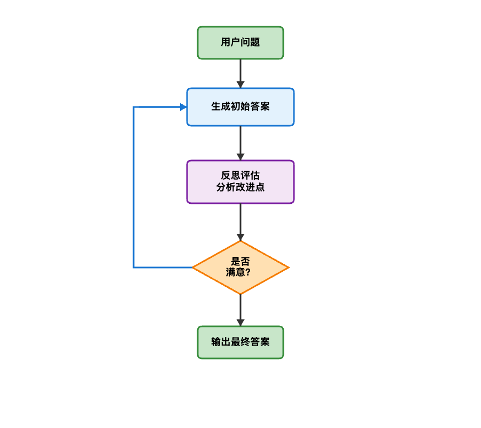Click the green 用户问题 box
pyautogui.click(x=241, y=43)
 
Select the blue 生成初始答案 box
pyautogui.click(x=241, y=107)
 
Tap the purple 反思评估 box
pyautogui.click(x=241, y=182)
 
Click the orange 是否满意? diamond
pyautogui.click(x=241, y=267)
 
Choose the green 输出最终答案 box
pyautogui.click(x=241, y=342)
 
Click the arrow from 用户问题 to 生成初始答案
pyautogui.click(x=241, y=72)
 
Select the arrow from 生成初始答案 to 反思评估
pyautogui.click(x=241, y=141)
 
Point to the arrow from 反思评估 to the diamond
pyautogui.click(x=241, y=220)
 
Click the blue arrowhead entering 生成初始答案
pyautogui.click(x=183, y=107)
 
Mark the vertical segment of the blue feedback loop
pyautogui.click(x=134, y=187)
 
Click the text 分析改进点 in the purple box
pyautogui.click(x=241, y=188)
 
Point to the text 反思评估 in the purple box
pyautogui.click(x=241, y=175)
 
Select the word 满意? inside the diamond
pyautogui.click(x=238, y=273)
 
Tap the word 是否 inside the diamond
pyautogui.click(x=240, y=262)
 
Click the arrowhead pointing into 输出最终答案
pyautogui.click(x=241, y=323)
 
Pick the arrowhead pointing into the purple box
pyautogui.click(x=241, y=157)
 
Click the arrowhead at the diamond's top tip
pyautogui.click(x=241, y=237)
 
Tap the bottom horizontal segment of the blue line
pyautogui.click(x=163, y=267)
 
